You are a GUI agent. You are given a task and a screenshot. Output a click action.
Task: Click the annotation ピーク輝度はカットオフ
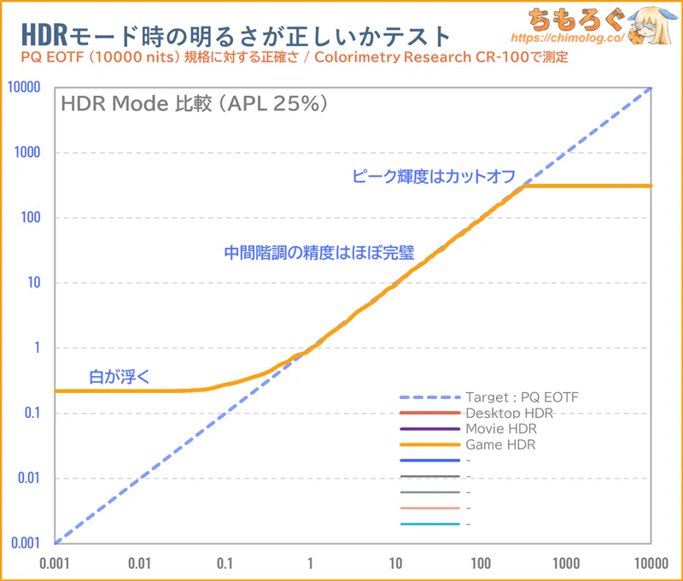(x=434, y=177)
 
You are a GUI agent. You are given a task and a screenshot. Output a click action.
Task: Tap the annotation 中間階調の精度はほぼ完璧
(x=318, y=253)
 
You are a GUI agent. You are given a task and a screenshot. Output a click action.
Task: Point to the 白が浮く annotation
(x=117, y=376)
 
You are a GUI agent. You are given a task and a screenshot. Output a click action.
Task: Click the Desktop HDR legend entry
(x=509, y=414)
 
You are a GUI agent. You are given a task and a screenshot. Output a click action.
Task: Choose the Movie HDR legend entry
(x=501, y=429)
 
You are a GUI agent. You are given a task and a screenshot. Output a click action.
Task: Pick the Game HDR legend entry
(x=500, y=445)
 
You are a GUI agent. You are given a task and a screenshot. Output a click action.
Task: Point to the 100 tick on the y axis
(x=31, y=218)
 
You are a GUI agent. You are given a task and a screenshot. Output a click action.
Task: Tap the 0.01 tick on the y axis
(x=29, y=478)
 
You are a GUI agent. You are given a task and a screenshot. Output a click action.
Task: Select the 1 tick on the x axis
(x=310, y=563)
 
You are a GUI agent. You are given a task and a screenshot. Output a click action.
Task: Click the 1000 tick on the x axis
(x=566, y=563)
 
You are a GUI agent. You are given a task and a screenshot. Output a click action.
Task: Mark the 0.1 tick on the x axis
(x=225, y=563)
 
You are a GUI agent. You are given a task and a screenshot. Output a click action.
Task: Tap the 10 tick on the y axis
(x=34, y=283)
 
